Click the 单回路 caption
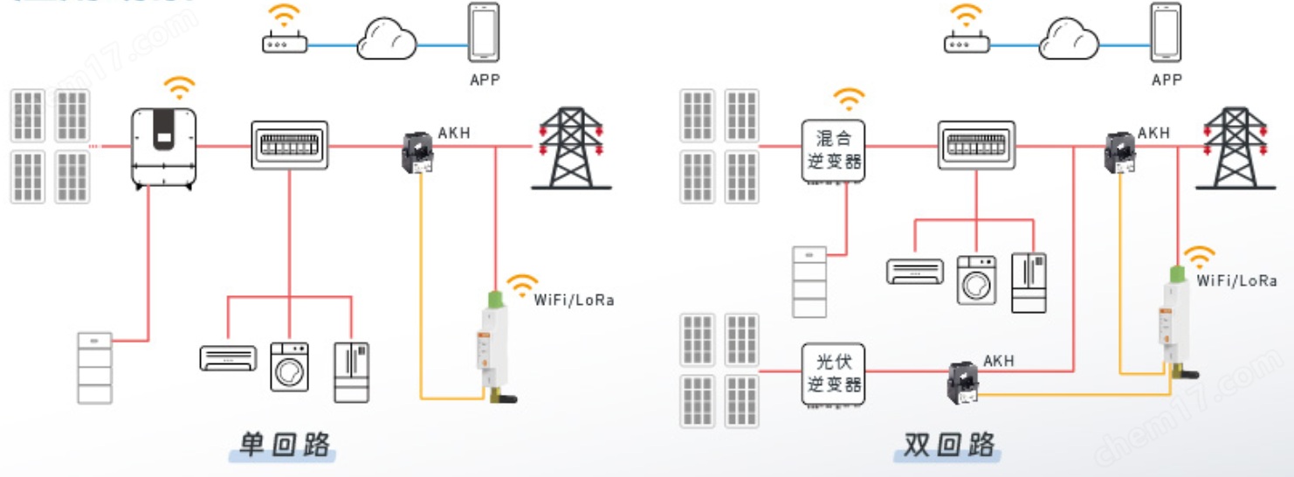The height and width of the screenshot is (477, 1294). tap(286, 445)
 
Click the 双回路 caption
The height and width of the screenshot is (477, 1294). tap(949, 445)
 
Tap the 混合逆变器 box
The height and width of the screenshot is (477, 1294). tap(833, 150)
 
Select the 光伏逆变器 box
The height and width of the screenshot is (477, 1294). tap(833, 373)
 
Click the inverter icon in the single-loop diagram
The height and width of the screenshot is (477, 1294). tap(164, 148)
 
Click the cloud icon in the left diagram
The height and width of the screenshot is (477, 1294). tap(387, 39)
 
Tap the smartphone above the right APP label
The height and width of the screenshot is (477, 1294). tap(1165, 32)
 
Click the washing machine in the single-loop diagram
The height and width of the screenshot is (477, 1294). tap(289, 366)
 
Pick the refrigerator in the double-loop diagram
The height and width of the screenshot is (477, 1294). tap(1029, 282)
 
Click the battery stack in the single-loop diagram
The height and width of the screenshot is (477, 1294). tap(94, 367)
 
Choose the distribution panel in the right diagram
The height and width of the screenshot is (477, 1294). tap(977, 144)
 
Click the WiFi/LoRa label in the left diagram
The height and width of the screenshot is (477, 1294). tap(574, 301)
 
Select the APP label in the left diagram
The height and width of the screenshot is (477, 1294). tap(485, 79)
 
